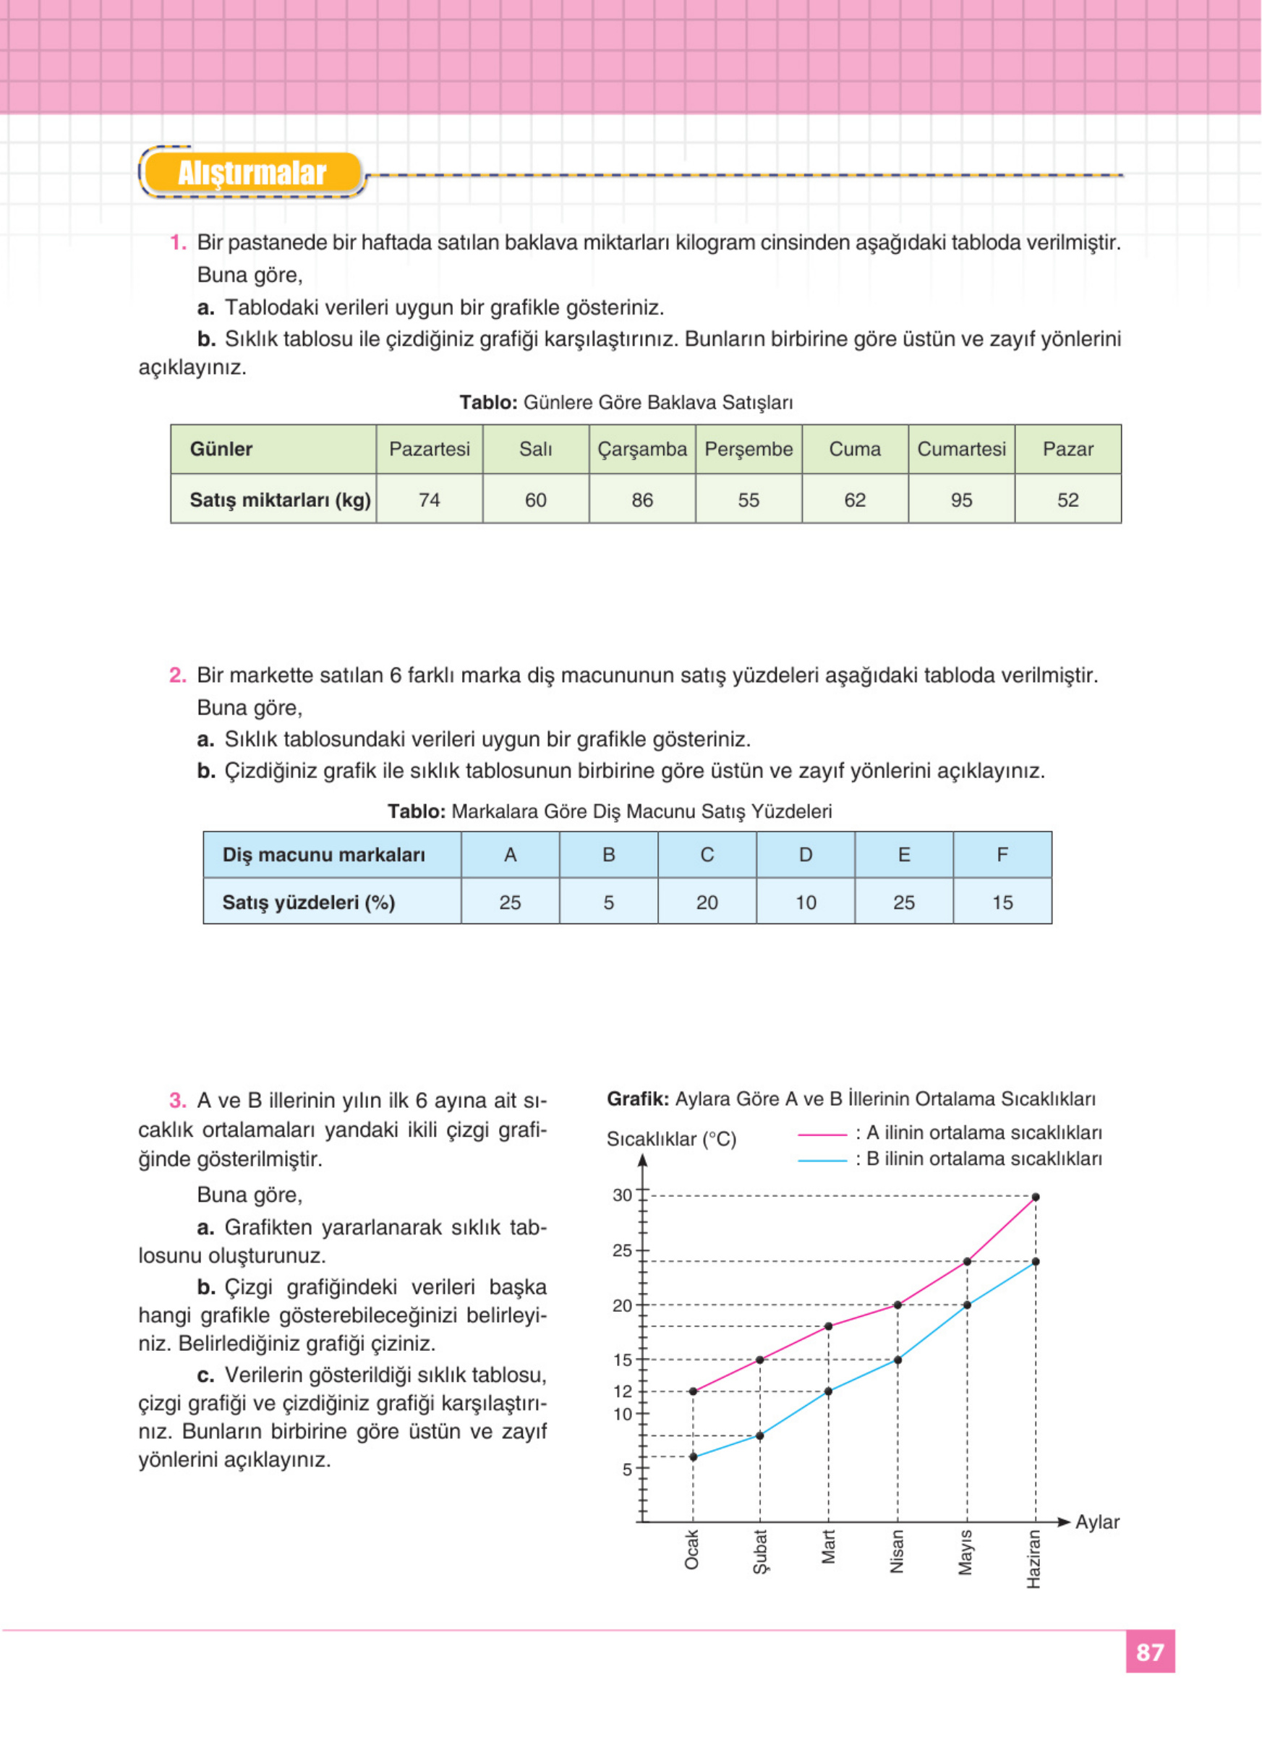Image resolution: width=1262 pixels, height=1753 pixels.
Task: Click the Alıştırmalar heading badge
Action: click(x=252, y=173)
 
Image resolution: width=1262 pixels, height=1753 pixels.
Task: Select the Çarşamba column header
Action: click(x=641, y=449)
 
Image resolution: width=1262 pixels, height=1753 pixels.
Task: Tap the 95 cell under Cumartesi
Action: click(x=961, y=500)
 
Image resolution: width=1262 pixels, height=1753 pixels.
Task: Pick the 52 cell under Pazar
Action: click(x=1067, y=500)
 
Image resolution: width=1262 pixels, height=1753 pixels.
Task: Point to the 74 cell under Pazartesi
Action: click(x=429, y=500)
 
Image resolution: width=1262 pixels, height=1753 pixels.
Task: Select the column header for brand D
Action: click(x=805, y=855)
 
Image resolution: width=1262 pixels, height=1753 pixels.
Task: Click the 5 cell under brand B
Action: click(x=608, y=902)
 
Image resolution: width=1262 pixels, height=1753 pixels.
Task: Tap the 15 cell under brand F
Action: click(x=1002, y=902)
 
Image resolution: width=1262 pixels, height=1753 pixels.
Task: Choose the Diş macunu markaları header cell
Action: click(x=324, y=855)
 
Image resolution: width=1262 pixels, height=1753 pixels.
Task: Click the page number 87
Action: click(x=1150, y=1652)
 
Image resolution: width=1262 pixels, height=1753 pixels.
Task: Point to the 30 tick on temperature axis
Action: click(x=622, y=1195)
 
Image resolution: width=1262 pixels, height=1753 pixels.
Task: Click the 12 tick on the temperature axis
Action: click(x=622, y=1391)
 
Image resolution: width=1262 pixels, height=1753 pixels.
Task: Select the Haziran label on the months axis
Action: click(x=1034, y=1559)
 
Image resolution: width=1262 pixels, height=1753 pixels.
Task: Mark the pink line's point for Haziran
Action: click(x=1036, y=1196)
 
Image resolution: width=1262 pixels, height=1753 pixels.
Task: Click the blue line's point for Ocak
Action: click(x=694, y=1456)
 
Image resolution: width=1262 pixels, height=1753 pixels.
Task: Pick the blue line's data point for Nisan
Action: click(x=898, y=1360)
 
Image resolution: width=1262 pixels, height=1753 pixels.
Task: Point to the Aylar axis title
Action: click(x=1096, y=1522)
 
